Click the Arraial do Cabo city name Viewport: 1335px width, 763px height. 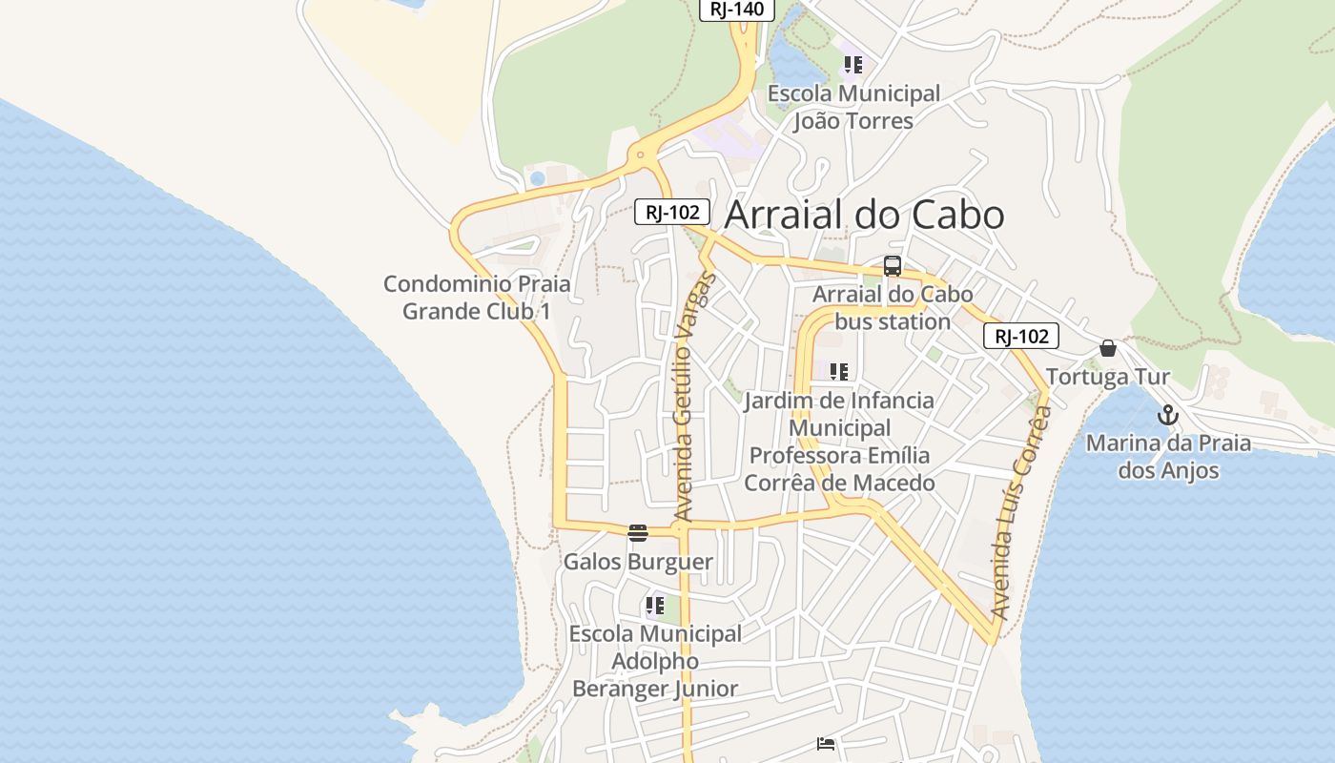(864, 216)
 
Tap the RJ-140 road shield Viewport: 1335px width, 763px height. (737, 10)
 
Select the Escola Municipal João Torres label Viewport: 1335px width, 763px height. (853, 107)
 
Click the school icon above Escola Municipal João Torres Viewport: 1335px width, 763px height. (852, 65)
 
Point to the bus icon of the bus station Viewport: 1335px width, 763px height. (893, 266)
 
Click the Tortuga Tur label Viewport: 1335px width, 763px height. (1107, 377)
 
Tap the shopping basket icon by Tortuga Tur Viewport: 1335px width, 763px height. (1108, 348)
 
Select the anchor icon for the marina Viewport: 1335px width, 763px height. (1168, 416)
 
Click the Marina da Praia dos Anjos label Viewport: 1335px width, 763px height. (1168, 456)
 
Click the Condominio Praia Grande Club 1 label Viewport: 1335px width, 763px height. (477, 297)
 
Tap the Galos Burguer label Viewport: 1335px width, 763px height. (638, 562)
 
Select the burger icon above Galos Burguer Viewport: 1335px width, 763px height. (638, 532)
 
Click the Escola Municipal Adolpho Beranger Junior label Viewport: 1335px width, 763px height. (655, 661)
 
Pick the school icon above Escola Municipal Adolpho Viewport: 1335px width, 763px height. (654, 606)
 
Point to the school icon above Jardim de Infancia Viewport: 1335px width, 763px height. (839, 371)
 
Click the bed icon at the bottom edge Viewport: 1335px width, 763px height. (826, 744)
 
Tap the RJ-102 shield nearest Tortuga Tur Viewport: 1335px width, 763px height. (1021, 336)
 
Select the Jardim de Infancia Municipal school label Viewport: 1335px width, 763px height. (839, 441)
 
